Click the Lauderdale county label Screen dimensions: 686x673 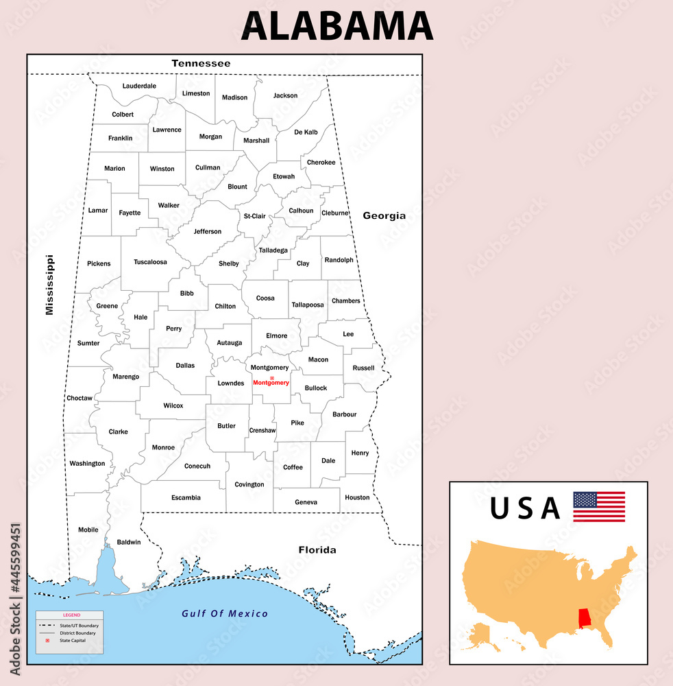coord(139,86)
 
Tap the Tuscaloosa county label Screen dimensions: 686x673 coord(150,262)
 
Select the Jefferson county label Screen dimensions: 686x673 coord(208,231)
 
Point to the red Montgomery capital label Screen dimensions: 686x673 coord(271,383)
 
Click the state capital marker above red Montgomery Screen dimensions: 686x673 coord(271,378)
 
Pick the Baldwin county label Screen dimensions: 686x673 coord(129,542)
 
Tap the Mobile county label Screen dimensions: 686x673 coord(88,530)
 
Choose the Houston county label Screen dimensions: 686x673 coord(357,497)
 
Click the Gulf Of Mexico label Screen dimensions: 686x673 coord(225,613)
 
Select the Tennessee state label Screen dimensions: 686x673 coord(201,63)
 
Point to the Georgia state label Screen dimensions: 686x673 coord(384,215)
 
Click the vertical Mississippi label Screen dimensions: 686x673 coord(49,285)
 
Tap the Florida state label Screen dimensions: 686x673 coord(317,549)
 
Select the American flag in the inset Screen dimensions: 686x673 coord(599,506)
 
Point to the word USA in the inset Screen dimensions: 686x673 coord(525,508)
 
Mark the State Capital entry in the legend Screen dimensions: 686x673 coord(73,641)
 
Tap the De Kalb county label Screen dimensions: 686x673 coord(306,132)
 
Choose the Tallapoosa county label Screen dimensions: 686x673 coord(307,305)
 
